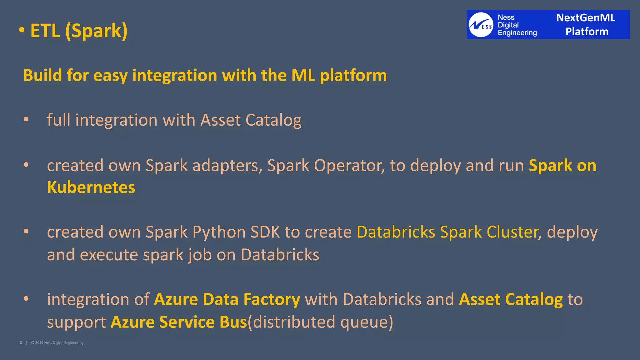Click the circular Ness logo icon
(x=481, y=25)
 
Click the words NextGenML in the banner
(x=586, y=18)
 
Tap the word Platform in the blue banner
(x=587, y=32)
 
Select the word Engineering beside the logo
(x=517, y=33)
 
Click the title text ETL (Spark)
(x=79, y=31)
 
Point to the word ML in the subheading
(x=303, y=75)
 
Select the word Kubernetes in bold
(x=91, y=187)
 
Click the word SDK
(x=265, y=232)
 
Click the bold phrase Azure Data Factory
(x=227, y=299)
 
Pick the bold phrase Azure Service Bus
(x=179, y=322)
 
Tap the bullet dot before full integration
(x=26, y=119)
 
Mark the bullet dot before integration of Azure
(x=26, y=298)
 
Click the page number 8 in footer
(x=21, y=343)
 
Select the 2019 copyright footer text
(x=58, y=343)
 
